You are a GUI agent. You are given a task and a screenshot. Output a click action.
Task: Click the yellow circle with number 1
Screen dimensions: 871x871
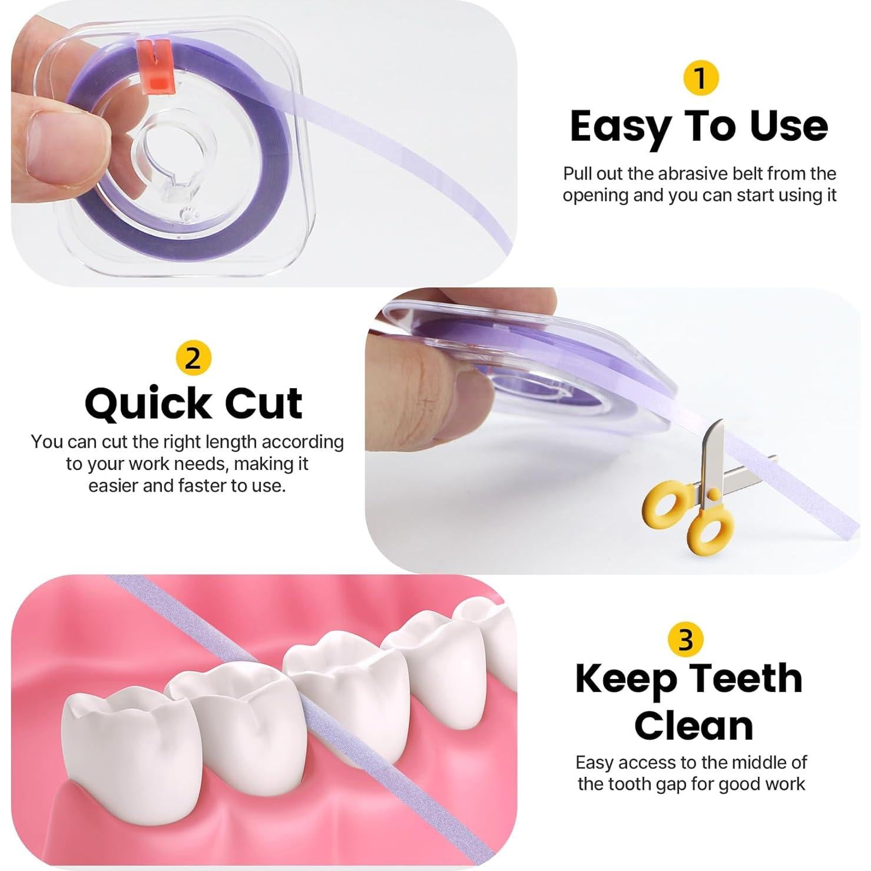click(700, 78)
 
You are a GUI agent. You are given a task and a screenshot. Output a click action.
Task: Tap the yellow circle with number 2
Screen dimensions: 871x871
click(193, 358)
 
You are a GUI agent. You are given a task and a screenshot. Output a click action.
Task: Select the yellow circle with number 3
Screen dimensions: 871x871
click(686, 640)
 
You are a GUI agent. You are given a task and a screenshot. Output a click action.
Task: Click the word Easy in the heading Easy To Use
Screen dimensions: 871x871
click(621, 127)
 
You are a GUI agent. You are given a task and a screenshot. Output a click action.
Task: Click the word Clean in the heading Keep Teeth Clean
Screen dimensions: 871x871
click(693, 726)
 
